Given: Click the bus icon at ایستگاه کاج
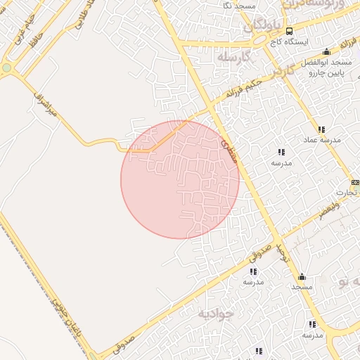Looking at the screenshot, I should point(289,31).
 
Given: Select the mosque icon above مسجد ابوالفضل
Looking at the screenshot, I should point(326,52).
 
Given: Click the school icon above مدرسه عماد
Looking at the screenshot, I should point(321,129).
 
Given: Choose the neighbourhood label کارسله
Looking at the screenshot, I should point(234,56).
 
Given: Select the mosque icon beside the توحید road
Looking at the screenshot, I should point(302,276).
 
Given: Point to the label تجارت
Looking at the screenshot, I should point(345,192).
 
